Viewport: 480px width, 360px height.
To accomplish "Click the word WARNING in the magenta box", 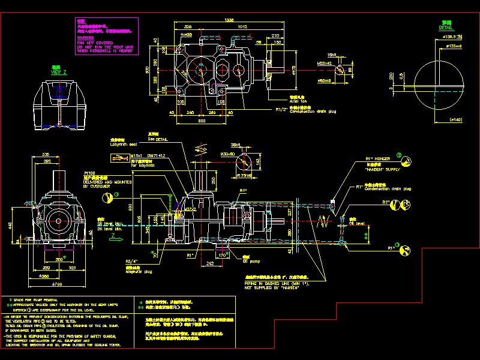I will [86, 38].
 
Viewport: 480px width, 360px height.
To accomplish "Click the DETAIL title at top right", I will [446, 28].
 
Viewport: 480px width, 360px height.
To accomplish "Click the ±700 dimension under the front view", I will [58, 283].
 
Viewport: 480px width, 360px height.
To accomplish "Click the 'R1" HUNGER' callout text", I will [377, 159].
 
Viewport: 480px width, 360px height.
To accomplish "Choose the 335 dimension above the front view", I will [45, 155].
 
